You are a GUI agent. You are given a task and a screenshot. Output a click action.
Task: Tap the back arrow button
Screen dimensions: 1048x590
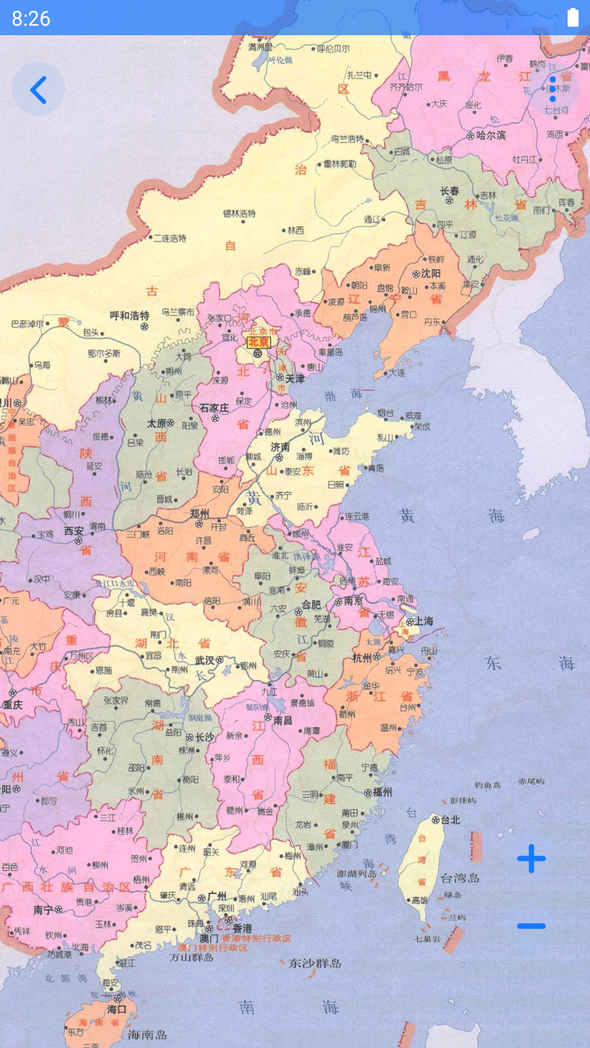pyautogui.click(x=38, y=90)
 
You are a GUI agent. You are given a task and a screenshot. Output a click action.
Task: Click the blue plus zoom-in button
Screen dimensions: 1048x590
pyautogui.click(x=531, y=859)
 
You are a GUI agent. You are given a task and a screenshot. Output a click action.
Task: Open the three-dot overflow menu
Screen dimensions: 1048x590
pyautogui.click(x=553, y=89)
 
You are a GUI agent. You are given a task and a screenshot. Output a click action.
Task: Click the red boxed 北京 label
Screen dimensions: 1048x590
pyautogui.click(x=258, y=342)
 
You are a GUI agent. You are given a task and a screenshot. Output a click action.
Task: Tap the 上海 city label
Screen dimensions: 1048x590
pyautogui.click(x=423, y=621)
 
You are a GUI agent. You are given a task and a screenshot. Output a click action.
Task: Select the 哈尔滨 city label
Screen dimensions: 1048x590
pyautogui.click(x=491, y=135)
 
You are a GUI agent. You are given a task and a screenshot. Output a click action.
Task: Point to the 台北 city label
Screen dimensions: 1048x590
pyautogui.click(x=450, y=820)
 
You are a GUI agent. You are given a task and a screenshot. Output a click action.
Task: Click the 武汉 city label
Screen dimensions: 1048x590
pyautogui.click(x=205, y=660)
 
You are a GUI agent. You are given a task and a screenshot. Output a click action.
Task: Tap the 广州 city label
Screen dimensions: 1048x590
pyautogui.click(x=217, y=896)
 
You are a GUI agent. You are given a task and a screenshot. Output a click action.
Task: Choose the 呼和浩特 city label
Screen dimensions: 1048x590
pyautogui.click(x=129, y=315)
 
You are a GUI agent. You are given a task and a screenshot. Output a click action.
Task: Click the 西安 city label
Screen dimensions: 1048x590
pyautogui.click(x=74, y=531)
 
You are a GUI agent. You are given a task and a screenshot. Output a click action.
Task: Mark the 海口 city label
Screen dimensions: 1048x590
pyautogui.click(x=116, y=1009)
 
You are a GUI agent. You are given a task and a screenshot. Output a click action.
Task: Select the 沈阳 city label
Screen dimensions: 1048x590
pyautogui.click(x=430, y=273)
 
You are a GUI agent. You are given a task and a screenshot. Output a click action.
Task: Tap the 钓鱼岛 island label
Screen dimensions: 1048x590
pyautogui.click(x=487, y=785)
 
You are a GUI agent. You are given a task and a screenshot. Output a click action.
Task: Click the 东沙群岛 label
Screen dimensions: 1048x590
pyautogui.click(x=315, y=963)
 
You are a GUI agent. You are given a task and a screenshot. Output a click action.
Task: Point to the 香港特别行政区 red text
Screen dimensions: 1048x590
pyautogui.click(x=256, y=938)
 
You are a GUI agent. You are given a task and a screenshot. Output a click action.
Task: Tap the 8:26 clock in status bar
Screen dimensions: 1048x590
pyautogui.click(x=31, y=19)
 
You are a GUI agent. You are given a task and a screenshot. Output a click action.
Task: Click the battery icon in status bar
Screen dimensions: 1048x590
pyautogui.click(x=573, y=17)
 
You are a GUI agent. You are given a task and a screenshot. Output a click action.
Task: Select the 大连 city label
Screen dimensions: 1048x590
pyautogui.click(x=397, y=373)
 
